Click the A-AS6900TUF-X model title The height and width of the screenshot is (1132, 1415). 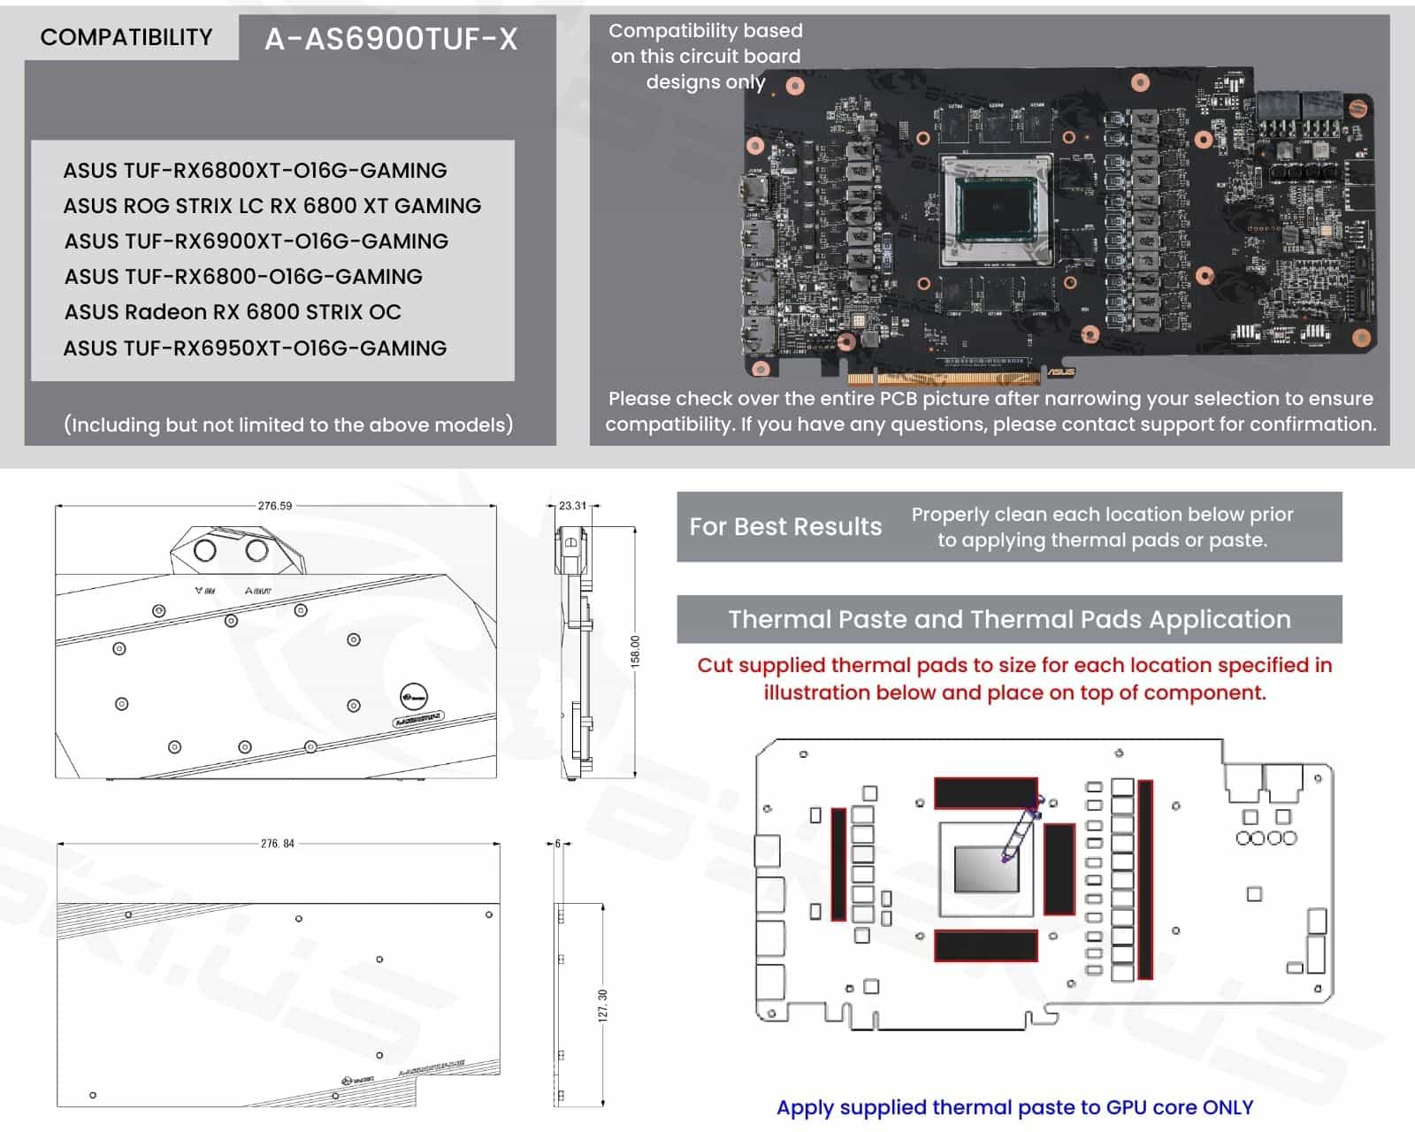(391, 39)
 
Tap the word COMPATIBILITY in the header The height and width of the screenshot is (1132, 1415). (126, 37)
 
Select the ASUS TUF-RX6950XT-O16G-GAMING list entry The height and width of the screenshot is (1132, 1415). (255, 348)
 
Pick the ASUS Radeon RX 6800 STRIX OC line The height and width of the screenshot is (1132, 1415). (233, 312)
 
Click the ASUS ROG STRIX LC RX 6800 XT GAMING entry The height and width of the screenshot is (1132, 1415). (272, 206)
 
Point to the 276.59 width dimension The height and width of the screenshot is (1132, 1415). (274, 506)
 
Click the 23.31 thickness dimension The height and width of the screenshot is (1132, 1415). (572, 506)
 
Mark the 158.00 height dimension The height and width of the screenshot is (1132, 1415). (635, 652)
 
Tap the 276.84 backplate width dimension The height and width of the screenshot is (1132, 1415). (277, 844)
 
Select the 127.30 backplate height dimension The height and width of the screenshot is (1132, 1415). (603, 1006)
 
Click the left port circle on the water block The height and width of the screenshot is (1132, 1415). (204, 550)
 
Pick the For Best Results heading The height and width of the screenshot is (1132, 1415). (785, 527)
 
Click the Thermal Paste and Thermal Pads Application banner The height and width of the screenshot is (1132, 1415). (1009, 619)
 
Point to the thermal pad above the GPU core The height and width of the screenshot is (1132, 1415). (985, 792)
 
